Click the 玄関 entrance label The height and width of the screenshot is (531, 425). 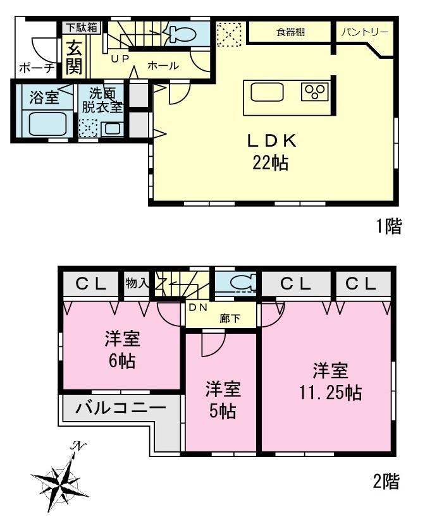[x=74, y=57]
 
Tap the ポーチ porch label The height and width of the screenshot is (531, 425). [x=37, y=68]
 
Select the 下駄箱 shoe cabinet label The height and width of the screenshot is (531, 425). [x=82, y=27]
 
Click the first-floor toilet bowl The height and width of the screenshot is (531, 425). [x=182, y=33]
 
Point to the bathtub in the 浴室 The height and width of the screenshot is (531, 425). [x=47, y=123]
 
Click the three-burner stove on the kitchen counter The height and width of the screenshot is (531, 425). [x=315, y=92]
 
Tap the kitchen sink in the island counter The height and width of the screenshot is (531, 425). [x=267, y=92]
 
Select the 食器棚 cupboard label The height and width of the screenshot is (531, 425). [x=290, y=32]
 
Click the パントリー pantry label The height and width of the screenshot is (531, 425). [x=365, y=32]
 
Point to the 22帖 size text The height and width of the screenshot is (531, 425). [x=270, y=163]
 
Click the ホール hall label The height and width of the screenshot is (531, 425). [x=163, y=65]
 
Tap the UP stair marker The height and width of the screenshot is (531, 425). [x=120, y=59]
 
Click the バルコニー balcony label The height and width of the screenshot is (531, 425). [x=121, y=408]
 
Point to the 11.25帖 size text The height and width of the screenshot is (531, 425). [x=330, y=393]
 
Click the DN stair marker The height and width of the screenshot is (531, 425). [x=198, y=307]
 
